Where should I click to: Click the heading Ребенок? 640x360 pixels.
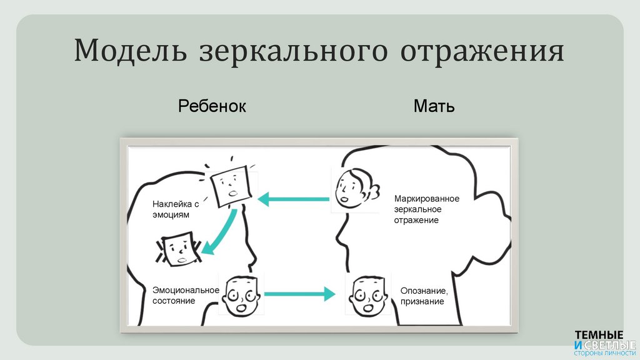coord(212,106)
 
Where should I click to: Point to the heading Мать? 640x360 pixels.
coord(434,106)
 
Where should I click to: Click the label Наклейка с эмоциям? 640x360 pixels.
coord(176,209)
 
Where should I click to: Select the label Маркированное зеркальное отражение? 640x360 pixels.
coord(426,209)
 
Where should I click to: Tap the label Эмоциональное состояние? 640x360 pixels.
coord(186,295)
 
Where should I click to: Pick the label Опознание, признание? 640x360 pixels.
coord(424,296)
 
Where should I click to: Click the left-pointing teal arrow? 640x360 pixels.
coord(293,199)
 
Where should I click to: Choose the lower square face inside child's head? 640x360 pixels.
coord(179,249)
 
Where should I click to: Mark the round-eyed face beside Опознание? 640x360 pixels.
coord(367,295)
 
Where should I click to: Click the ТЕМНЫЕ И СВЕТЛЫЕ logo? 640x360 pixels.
coord(604,341)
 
